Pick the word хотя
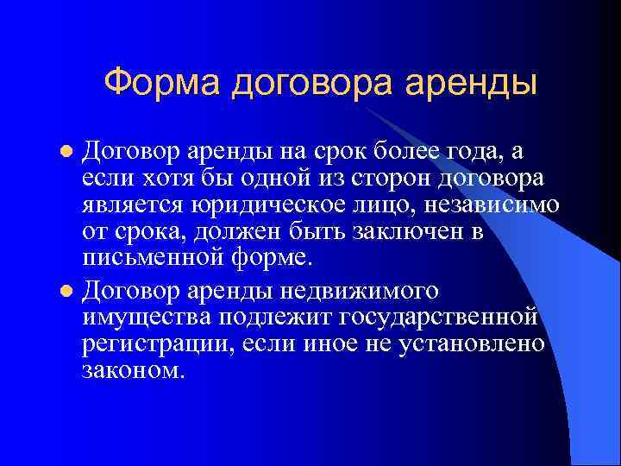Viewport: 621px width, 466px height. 160,179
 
